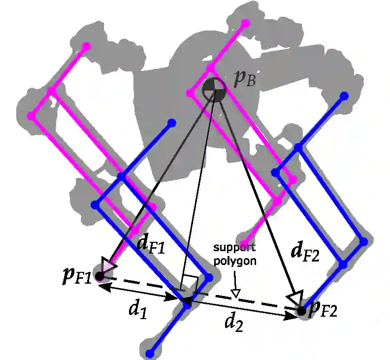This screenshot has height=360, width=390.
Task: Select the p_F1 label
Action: click(77, 276)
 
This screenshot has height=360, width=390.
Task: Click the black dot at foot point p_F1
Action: click(99, 276)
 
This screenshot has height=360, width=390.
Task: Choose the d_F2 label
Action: click(305, 252)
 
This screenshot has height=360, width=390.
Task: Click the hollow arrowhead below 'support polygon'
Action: click(236, 294)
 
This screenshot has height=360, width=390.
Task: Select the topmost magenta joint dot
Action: click(245, 23)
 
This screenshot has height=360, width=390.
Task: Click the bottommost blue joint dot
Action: click(150, 353)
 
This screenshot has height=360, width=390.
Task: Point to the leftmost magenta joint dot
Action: click(32, 116)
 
